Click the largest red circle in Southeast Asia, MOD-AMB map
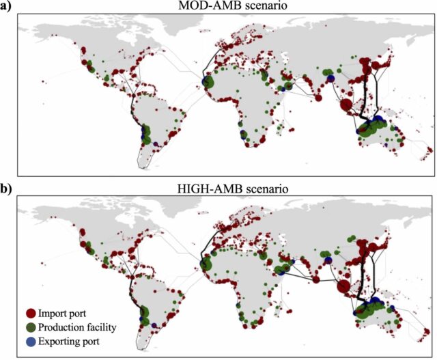tap(346, 105)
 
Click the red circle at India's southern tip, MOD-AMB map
tap(318, 98)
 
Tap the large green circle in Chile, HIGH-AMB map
tap(144, 315)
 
